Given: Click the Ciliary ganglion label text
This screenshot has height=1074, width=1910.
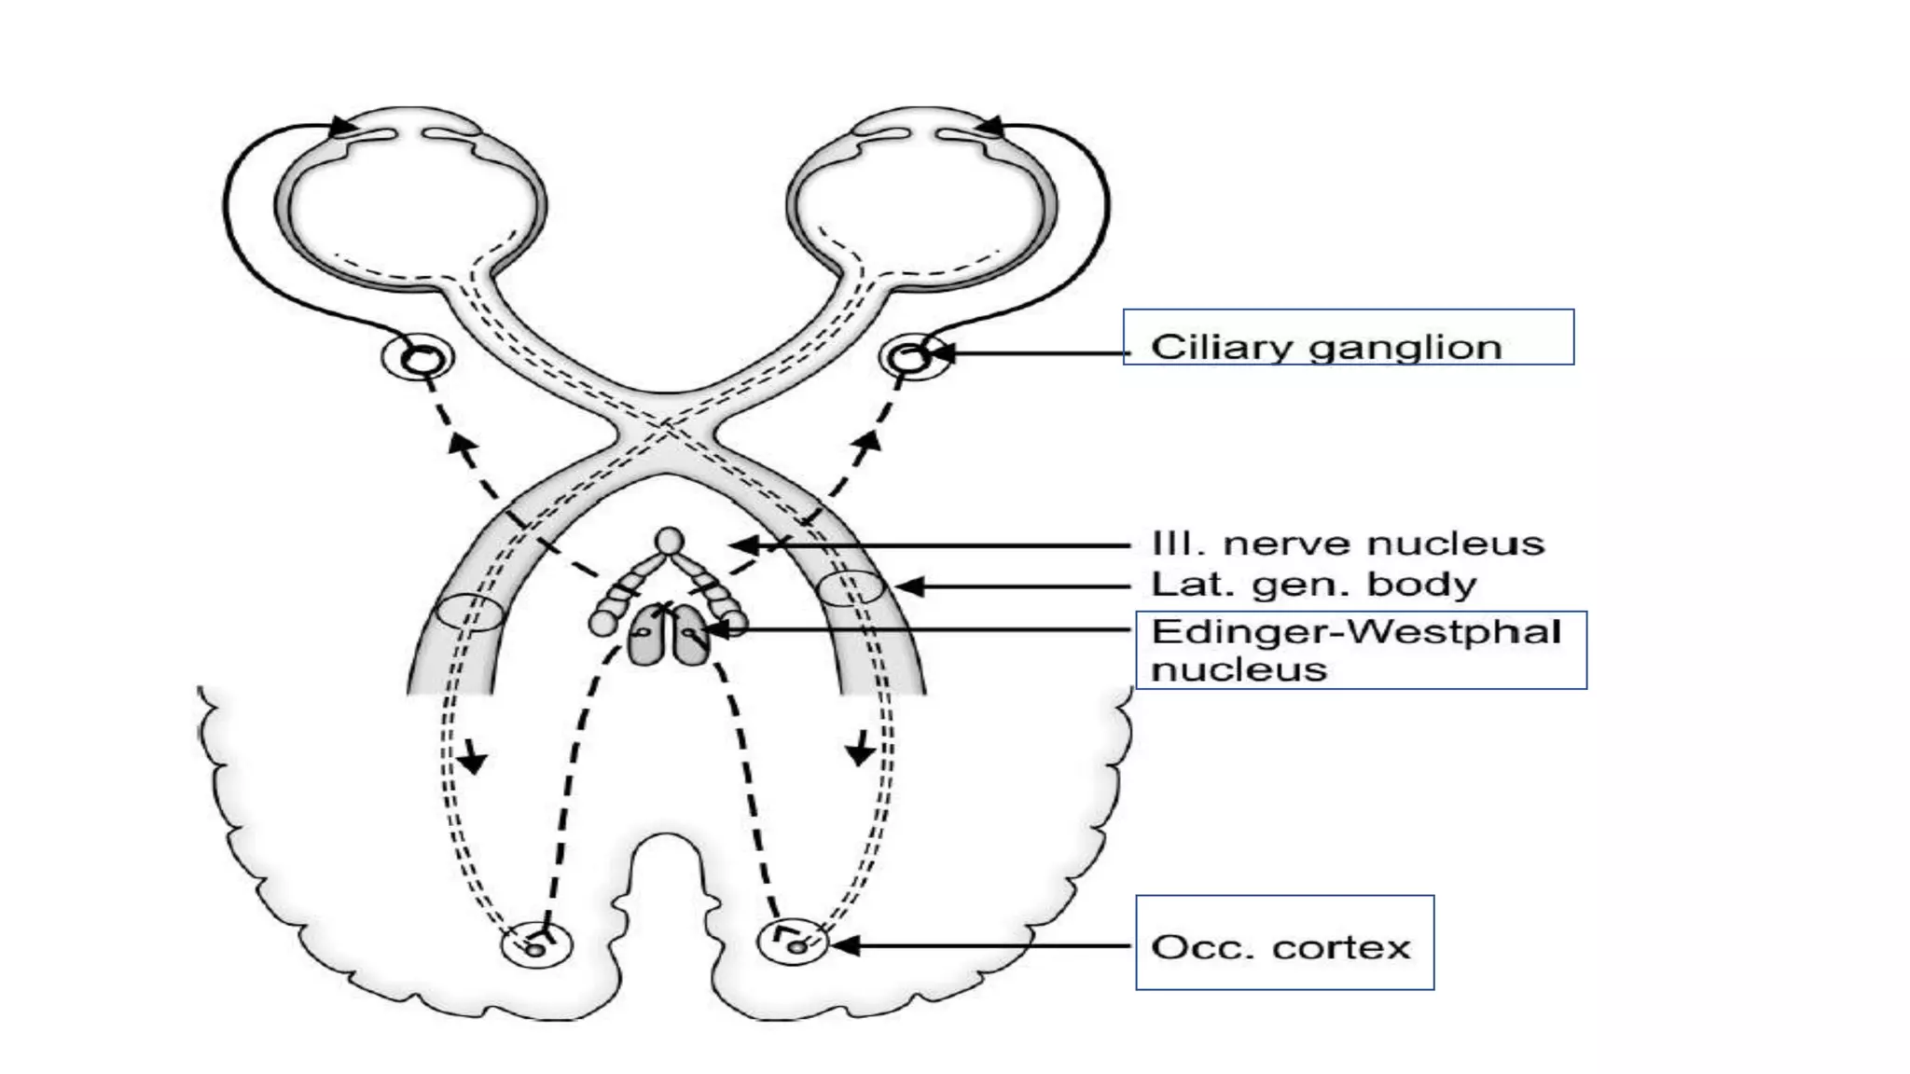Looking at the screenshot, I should click(x=1325, y=347).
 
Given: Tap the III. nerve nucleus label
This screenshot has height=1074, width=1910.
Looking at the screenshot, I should click(x=1348, y=544).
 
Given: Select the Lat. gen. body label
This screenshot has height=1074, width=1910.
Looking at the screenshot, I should click(x=1313, y=585).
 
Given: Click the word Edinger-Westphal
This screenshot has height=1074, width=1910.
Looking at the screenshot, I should click(x=1355, y=632).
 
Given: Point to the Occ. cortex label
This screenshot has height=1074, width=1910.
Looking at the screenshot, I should click(x=1280, y=947).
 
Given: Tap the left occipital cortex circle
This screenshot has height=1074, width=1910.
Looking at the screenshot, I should click(x=536, y=945).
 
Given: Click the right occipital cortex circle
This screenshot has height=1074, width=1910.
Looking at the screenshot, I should click(x=793, y=943).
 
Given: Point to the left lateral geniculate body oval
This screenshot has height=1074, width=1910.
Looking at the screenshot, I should click(x=471, y=613).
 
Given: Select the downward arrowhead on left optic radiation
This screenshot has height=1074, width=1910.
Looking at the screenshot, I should click(x=474, y=761).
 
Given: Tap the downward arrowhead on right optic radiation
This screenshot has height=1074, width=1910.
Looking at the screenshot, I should click(x=859, y=752).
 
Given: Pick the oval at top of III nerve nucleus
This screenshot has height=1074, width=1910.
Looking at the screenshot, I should click(x=669, y=541).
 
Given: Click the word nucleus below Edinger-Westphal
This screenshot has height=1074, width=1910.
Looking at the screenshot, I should click(x=1239, y=669).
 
